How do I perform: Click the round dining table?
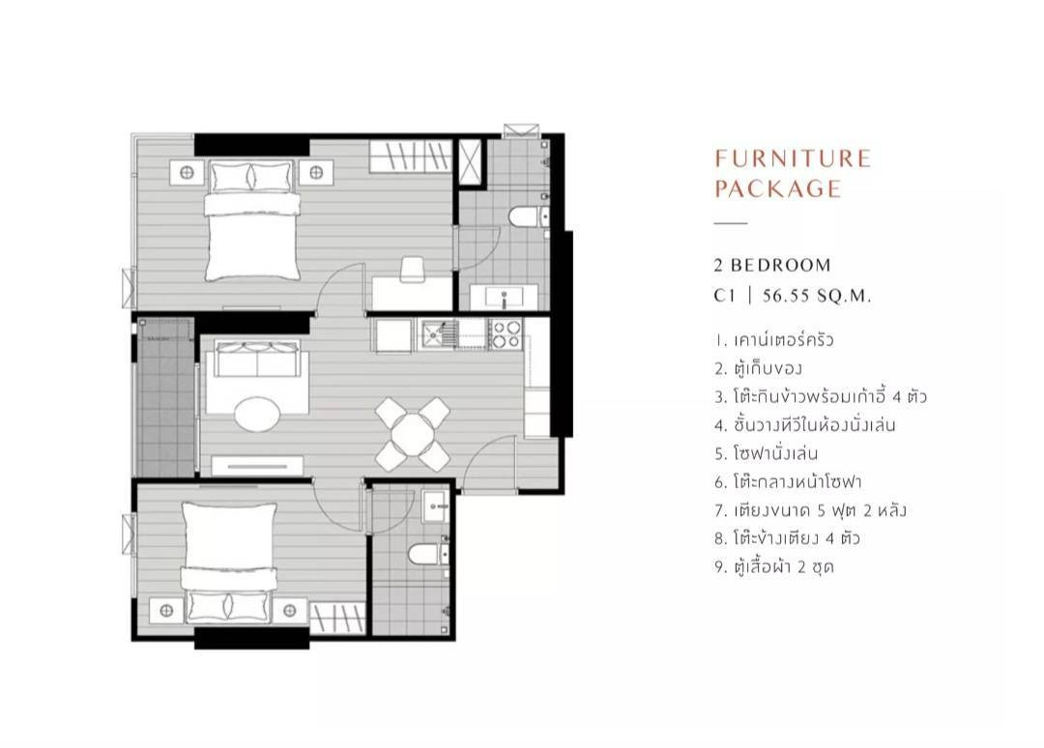(413, 435)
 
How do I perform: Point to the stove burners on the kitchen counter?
(506, 334)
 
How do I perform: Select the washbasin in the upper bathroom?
(504, 296)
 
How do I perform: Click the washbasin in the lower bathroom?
(436, 505)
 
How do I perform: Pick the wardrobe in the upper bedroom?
(412, 157)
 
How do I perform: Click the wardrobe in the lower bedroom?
(337, 619)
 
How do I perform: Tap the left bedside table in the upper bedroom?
(187, 173)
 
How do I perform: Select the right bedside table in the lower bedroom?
(290, 611)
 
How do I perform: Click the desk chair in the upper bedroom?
(412, 269)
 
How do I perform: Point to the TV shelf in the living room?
(258, 466)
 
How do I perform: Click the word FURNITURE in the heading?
(793, 158)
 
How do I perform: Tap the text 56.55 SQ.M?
(817, 296)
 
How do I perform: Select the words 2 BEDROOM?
(772, 265)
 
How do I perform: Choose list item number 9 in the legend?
(774, 567)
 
